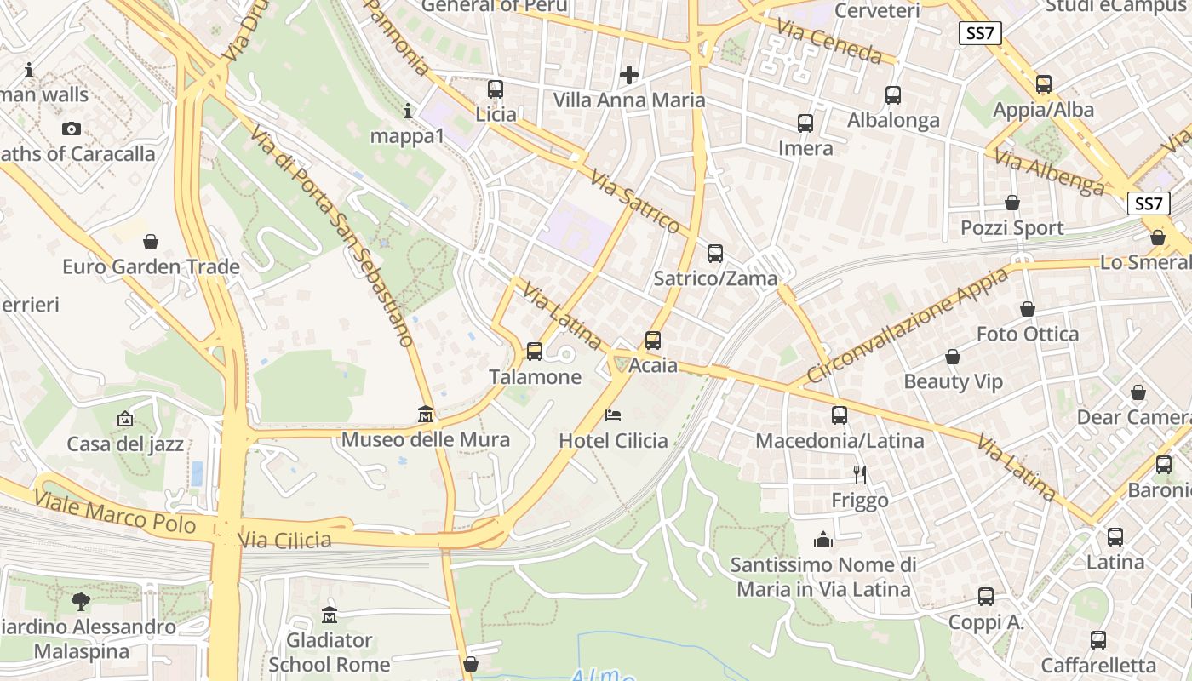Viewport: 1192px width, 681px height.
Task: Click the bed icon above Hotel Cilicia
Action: click(x=613, y=415)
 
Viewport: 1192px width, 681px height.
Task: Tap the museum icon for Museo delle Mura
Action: click(x=426, y=414)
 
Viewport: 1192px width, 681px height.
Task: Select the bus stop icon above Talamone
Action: click(x=535, y=351)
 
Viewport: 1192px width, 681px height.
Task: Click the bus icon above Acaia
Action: click(x=653, y=340)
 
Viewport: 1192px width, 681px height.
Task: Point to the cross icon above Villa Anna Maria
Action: click(x=629, y=75)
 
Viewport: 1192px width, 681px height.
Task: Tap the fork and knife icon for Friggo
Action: click(x=860, y=474)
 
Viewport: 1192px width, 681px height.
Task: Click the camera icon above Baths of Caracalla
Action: click(x=72, y=129)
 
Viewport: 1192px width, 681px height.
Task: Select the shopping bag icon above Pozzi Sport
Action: click(x=1012, y=203)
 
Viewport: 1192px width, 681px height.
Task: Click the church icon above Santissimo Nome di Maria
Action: click(x=822, y=540)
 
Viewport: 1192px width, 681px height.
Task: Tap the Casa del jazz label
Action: click(x=125, y=444)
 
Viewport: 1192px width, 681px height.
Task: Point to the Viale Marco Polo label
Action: click(x=116, y=511)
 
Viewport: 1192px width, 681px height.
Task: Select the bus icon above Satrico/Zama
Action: click(x=715, y=253)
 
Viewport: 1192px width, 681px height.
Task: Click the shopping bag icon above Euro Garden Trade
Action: click(x=151, y=242)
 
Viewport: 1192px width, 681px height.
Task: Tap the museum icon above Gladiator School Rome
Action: click(x=330, y=615)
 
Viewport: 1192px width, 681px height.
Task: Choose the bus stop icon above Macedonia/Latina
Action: click(x=840, y=415)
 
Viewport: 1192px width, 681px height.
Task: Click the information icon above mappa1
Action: click(x=408, y=111)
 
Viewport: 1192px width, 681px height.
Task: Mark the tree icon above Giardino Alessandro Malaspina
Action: click(x=81, y=602)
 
